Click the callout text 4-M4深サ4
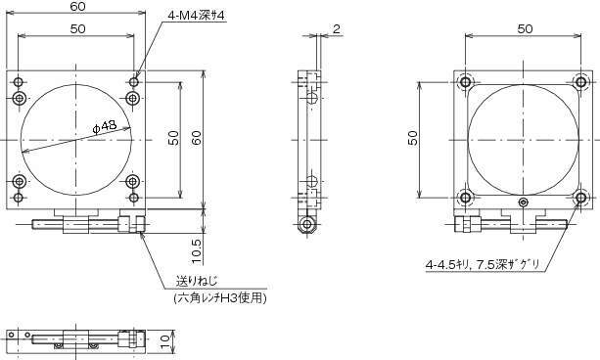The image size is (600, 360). point(196,16)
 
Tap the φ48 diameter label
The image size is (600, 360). point(105,126)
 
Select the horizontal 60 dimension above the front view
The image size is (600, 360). point(77,7)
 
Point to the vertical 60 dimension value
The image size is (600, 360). point(197,138)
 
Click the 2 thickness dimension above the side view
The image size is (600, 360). point(337,29)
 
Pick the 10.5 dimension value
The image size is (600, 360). point(197,251)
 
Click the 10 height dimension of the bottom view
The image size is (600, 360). point(165,340)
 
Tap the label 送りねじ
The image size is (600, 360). point(197,281)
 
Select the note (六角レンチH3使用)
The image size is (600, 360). point(219,298)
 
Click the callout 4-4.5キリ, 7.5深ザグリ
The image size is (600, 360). point(483,264)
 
